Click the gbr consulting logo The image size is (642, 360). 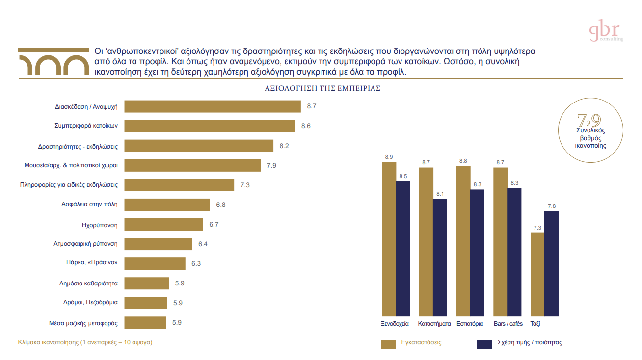(606, 32)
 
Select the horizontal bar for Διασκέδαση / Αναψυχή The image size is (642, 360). (212, 106)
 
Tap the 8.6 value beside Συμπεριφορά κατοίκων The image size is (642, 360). (306, 126)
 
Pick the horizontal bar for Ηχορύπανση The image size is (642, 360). (163, 224)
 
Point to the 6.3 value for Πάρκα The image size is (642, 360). (196, 263)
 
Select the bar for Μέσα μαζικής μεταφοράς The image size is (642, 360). (145, 322)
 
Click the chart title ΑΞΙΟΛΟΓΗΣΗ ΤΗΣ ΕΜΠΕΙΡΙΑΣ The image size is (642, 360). (322, 89)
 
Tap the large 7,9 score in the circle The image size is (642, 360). (589, 120)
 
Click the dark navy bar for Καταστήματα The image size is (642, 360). (440, 257)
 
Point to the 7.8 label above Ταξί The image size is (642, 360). (551, 206)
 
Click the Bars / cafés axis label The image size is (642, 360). (508, 324)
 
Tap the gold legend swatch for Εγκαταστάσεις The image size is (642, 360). (388, 344)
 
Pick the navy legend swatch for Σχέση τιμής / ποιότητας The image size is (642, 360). (484, 344)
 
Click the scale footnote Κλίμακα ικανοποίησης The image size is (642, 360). (85, 342)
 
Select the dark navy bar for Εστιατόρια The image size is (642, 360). (477, 252)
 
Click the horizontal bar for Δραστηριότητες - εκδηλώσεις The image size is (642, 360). (199, 146)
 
